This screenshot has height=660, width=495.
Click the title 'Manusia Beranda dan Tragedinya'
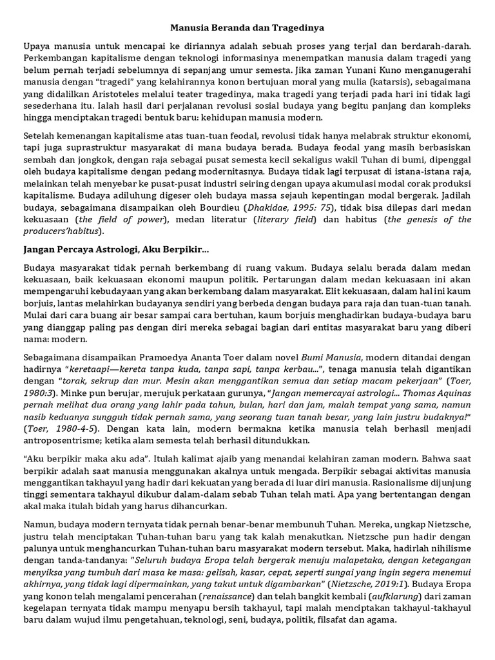click(247, 28)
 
